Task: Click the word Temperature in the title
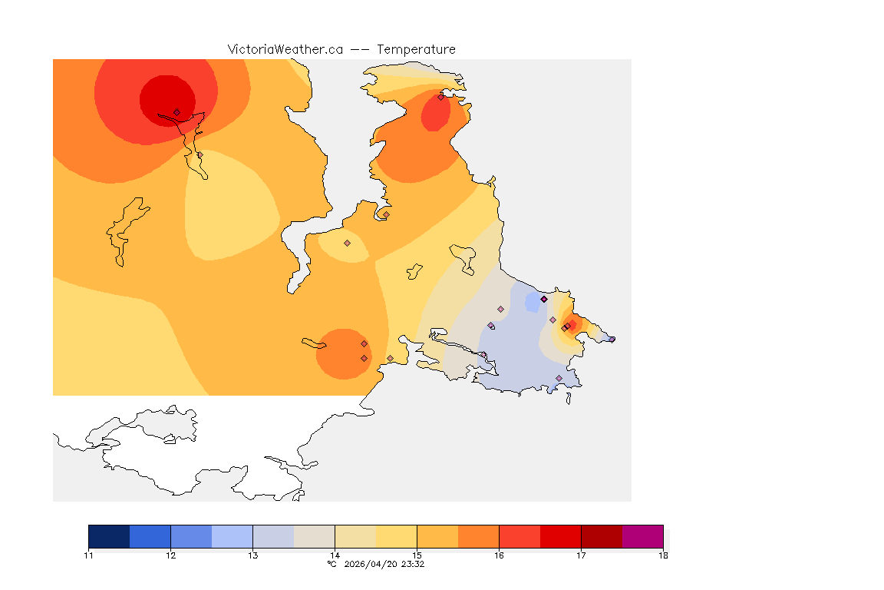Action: click(x=416, y=49)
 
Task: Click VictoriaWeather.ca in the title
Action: click(x=285, y=49)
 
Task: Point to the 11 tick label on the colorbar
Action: click(x=89, y=555)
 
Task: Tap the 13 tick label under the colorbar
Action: click(x=252, y=555)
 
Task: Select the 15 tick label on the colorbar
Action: click(x=417, y=555)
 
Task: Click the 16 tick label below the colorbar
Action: click(x=499, y=555)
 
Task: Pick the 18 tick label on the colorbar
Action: click(x=662, y=555)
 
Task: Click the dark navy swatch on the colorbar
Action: click(x=109, y=536)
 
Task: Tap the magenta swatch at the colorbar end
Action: click(x=642, y=536)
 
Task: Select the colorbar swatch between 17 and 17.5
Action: click(x=602, y=536)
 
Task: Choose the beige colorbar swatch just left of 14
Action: click(x=315, y=536)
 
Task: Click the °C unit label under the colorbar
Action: click(x=331, y=564)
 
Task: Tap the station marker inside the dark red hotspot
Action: click(x=176, y=112)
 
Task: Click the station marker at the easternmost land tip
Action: click(x=612, y=339)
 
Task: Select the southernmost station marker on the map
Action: click(x=559, y=378)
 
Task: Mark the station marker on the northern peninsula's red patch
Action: click(x=440, y=97)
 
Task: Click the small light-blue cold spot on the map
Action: click(x=532, y=303)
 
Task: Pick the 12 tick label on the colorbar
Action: click(x=170, y=555)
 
